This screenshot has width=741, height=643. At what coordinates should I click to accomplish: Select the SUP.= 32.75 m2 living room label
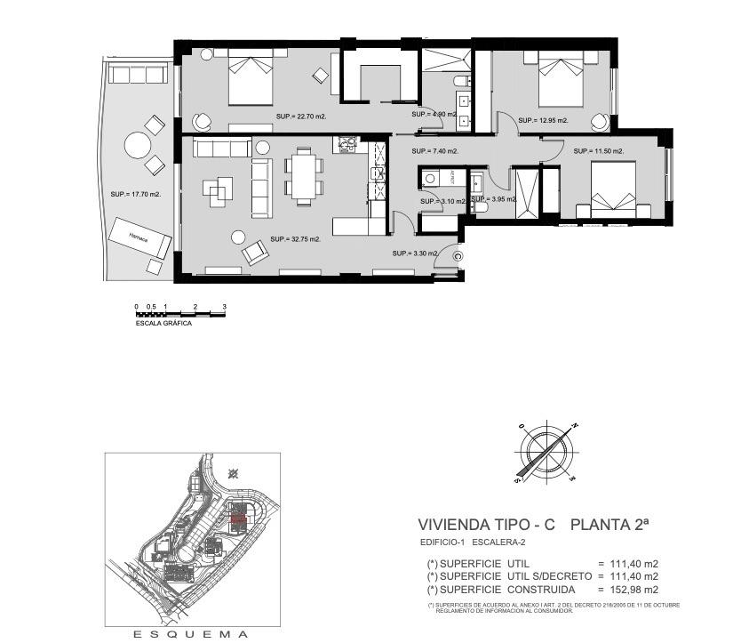coord(295,239)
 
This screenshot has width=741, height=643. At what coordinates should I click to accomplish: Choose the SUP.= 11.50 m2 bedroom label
coord(598,151)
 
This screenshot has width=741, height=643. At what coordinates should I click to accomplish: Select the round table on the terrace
coord(138,145)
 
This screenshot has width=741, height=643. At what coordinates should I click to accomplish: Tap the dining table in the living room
coord(303,175)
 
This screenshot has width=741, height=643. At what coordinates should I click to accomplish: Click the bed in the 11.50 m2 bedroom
coord(610,188)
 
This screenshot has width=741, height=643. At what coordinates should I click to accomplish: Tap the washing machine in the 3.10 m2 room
coord(430,177)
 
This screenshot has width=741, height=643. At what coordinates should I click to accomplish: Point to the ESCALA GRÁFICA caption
coord(163,324)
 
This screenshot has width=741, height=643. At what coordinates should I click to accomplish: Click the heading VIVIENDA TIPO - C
coord(486,526)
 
